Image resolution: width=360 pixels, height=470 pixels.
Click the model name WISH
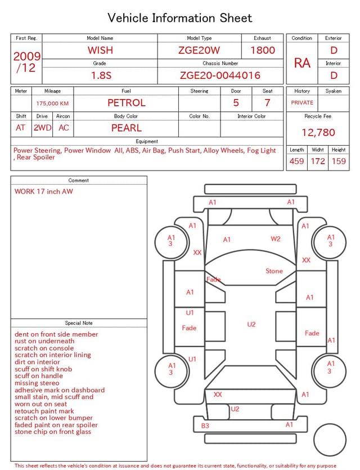[x=100, y=50]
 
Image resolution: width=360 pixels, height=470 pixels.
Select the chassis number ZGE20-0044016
[x=220, y=75]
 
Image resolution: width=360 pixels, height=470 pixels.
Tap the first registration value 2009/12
[x=26, y=62]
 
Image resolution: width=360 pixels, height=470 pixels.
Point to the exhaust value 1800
[x=263, y=50]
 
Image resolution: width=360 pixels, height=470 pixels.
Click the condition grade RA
[x=302, y=63]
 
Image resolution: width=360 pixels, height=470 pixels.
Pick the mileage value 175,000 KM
[x=52, y=104]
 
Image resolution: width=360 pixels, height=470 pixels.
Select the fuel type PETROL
[x=127, y=103]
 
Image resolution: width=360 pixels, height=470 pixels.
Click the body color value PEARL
[x=127, y=128]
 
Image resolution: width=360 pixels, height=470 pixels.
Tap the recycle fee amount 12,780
[x=318, y=132]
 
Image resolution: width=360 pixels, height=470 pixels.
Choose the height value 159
[x=339, y=161]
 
